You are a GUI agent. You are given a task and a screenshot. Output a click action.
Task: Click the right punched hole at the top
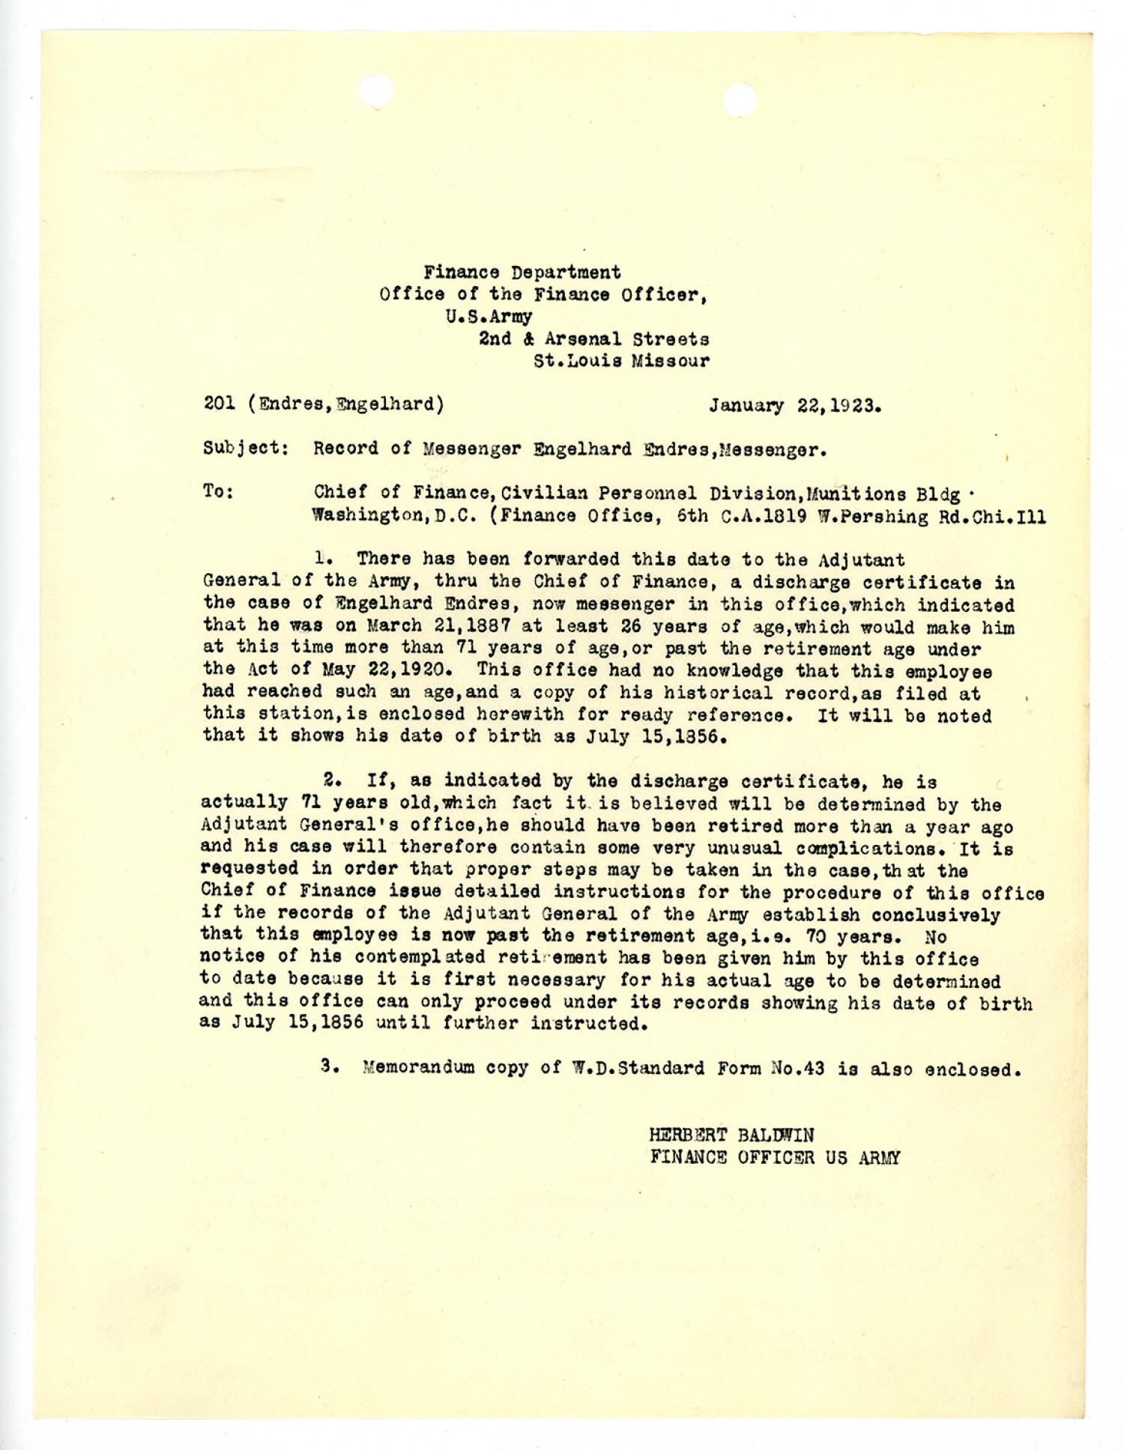(740, 100)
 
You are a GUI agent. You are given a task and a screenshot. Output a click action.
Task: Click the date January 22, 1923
(794, 405)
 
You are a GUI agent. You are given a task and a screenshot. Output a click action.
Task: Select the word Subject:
(246, 449)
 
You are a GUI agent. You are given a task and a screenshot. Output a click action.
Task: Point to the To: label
(218, 492)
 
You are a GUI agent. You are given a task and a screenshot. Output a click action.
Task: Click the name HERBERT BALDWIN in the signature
(731, 1135)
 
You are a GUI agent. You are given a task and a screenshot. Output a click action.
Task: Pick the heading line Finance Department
(522, 272)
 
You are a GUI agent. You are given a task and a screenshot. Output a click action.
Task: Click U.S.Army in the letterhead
(488, 316)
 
